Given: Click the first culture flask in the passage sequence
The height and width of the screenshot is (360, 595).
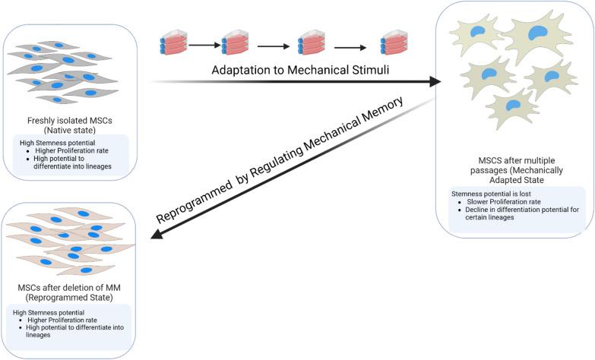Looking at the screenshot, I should coord(173,43).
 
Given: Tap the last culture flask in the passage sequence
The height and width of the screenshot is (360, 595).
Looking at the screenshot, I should coord(394,43).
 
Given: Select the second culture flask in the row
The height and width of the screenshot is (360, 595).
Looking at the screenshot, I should coord(235,43).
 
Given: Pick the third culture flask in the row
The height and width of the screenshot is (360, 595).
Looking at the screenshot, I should coord(311,43).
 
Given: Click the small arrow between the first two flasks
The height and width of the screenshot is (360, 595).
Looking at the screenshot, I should coord(203,45).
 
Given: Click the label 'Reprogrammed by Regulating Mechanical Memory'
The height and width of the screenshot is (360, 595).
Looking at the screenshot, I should coord(290,159).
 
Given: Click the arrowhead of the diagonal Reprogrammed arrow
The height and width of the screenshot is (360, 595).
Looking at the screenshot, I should coord(157,234).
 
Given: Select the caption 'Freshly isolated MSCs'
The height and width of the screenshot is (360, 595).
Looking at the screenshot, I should coord(70,119).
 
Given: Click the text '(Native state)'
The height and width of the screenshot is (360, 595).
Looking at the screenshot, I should coord(70,130).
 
